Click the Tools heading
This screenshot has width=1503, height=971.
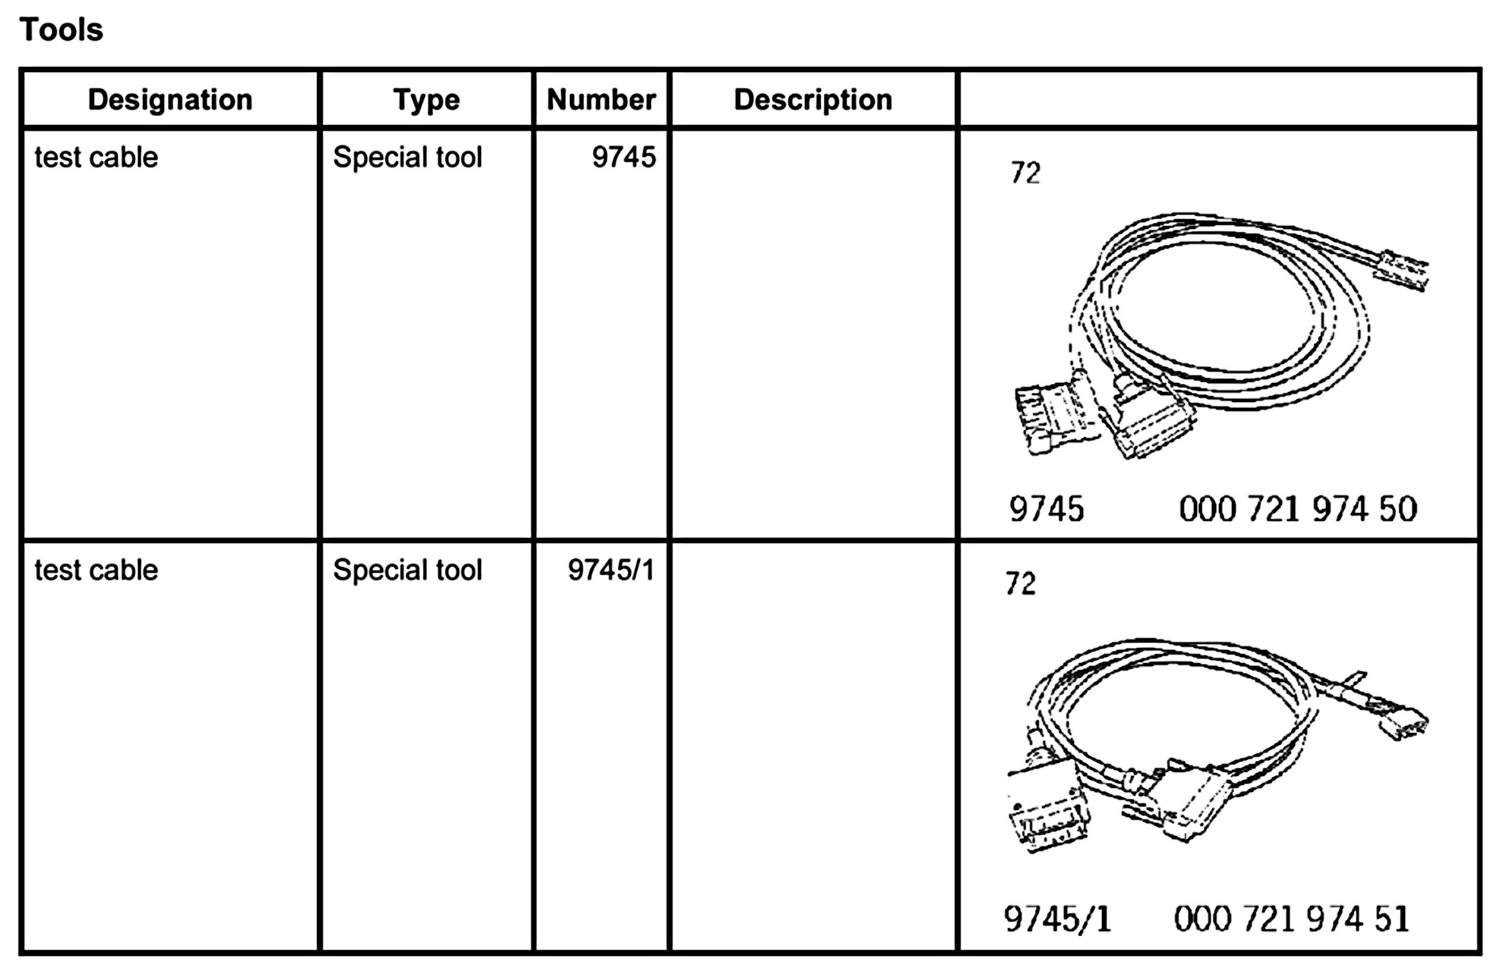click(62, 30)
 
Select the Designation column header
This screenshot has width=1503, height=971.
click(170, 100)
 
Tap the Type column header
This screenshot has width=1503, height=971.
click(426, 100)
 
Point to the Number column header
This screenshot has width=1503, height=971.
click(601, 100)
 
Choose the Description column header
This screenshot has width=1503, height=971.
click(813, 100)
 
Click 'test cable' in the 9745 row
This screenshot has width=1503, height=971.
click(96, 158)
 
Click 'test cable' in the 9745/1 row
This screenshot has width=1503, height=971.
click(96, 571)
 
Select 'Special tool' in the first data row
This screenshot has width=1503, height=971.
click(407, 158)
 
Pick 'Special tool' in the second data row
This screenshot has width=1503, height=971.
click(407, 571)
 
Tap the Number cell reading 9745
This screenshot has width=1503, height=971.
click(623, 158)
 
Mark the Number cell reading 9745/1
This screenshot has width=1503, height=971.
click(611, 571)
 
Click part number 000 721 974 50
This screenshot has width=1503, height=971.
click(1298, 510)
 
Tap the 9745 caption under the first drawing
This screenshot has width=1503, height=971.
click(1046, 510)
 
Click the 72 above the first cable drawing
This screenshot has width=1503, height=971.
click(1025, 173)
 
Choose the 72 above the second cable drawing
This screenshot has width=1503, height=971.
click(1020, 584)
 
